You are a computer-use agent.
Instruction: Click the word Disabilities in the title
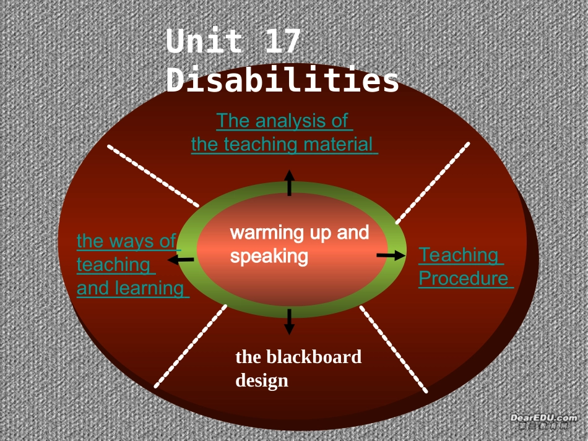tap(282, 81)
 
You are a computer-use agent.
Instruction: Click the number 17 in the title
tap(282, 42)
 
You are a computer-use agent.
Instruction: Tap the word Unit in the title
tap(205, 42)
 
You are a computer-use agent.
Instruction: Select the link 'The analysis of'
tap(283, 121)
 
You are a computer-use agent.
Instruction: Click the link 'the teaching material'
tap(283, 145)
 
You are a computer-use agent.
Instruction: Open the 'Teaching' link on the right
tap(460, 255)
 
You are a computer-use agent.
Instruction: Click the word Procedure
tap(464, 278)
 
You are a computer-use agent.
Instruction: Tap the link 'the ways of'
tap(127, 241)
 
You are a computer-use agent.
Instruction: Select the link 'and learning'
tap(131, 288)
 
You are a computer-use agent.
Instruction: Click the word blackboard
tap(314, 357)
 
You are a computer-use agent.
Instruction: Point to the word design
tap(262, 380)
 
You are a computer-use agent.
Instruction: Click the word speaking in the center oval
tap(269, 255)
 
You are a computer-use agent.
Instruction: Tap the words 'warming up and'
tap(300, 233)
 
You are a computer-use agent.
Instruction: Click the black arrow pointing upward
tap(289, 183)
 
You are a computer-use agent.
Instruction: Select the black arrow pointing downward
tap(289, 322)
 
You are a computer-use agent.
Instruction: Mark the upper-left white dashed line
tap(152, 176)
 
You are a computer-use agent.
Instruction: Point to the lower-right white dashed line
tap(394, 349)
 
